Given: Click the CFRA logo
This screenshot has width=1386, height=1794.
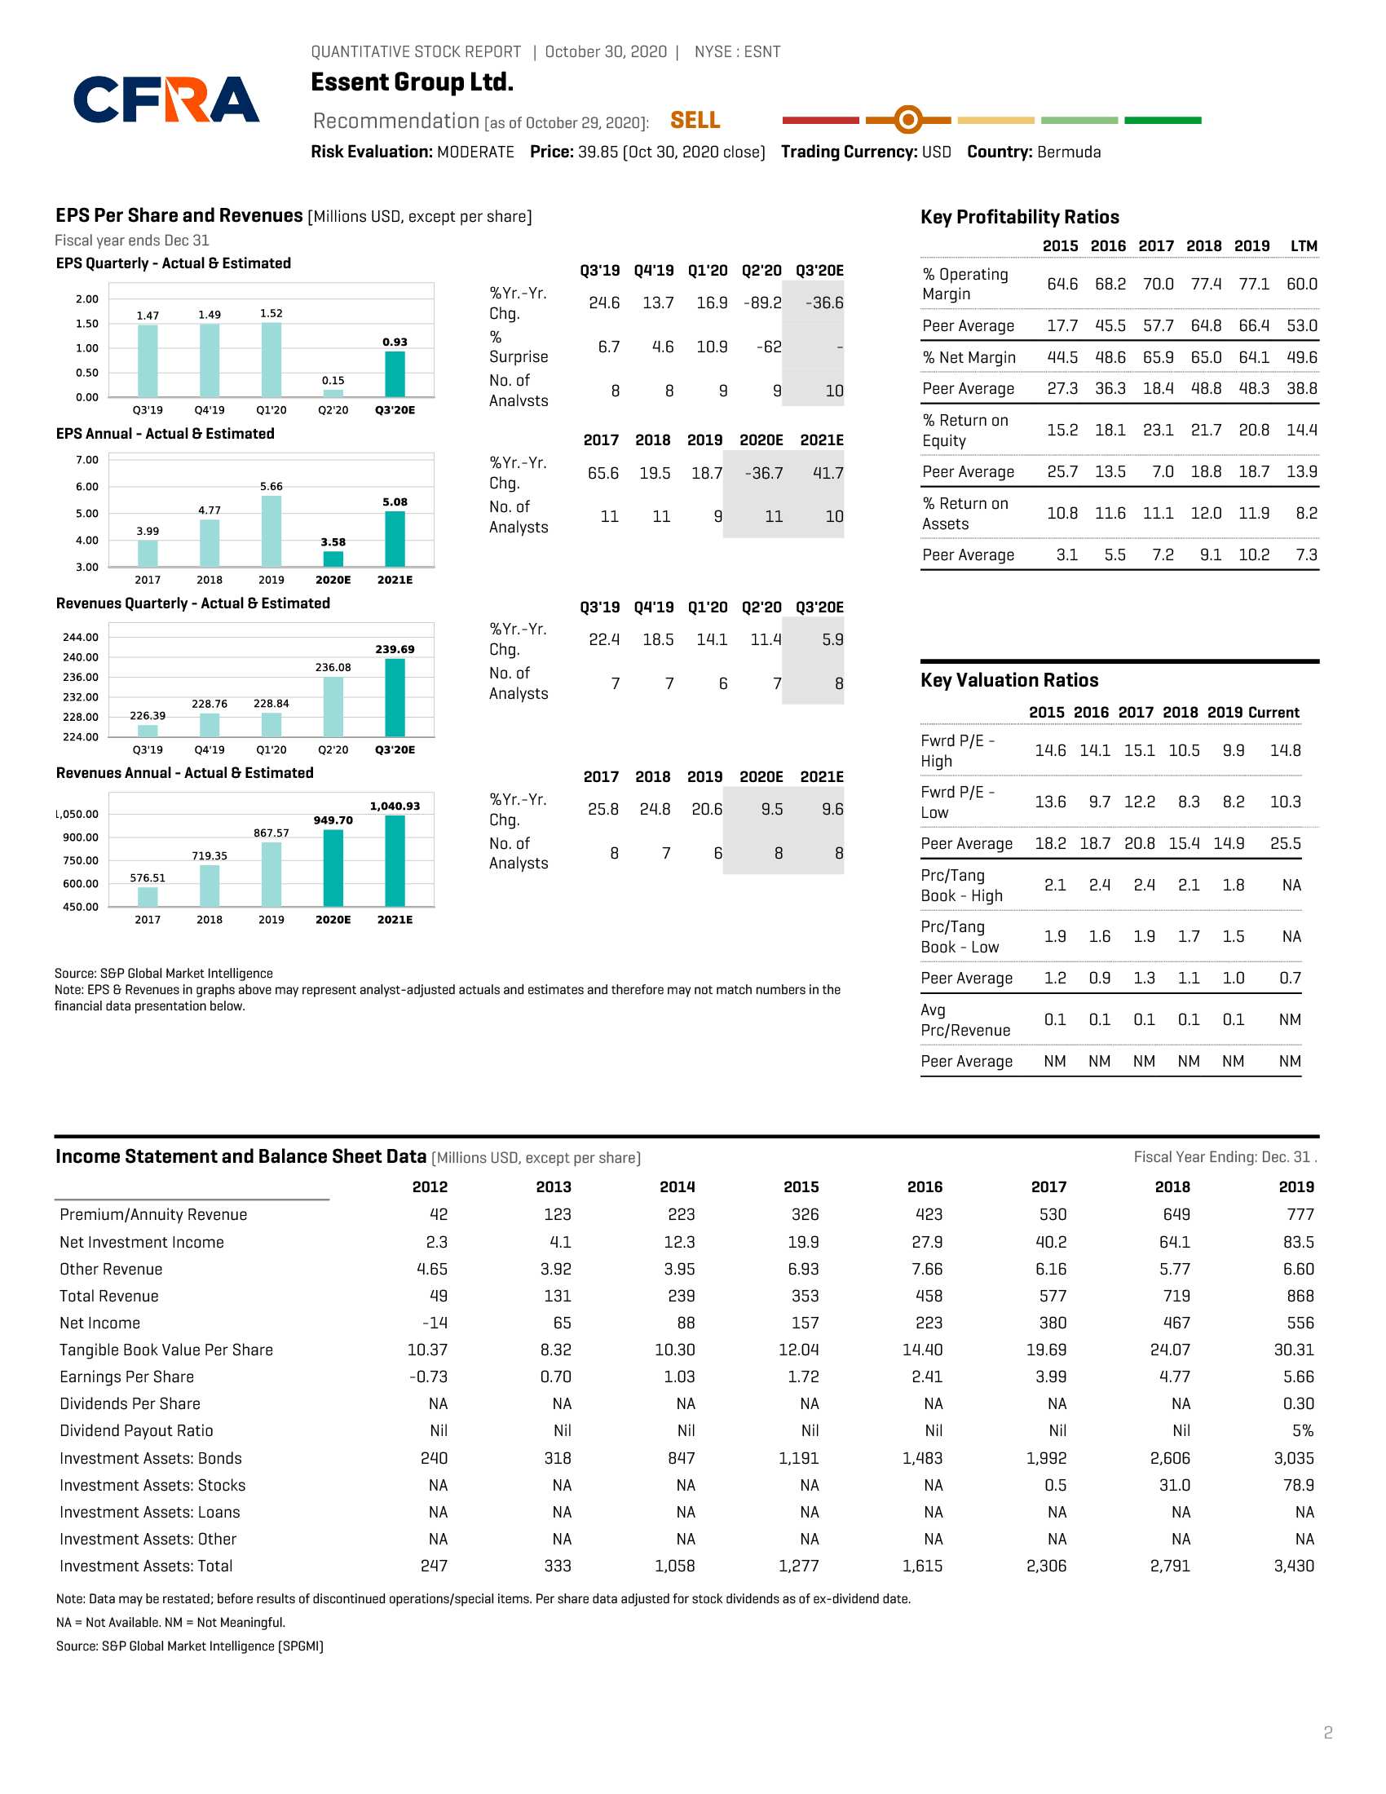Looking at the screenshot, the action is [x=166, y=99].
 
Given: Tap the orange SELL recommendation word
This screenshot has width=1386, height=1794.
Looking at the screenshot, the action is [x=695, y=121].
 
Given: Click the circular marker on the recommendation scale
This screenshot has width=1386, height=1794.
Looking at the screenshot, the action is [x=908, y=120].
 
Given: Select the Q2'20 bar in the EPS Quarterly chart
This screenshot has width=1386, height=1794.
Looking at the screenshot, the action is [x=333, y=394].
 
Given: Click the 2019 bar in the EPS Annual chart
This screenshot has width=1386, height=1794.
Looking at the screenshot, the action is [x=271, y=531].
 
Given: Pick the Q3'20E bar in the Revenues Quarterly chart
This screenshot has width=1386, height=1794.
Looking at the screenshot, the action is [x=395, y=697].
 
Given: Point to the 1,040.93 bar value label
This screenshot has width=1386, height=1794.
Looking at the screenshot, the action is [x=395, y=806].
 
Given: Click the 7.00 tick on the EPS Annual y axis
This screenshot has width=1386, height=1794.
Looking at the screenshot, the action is [x=87, y=459].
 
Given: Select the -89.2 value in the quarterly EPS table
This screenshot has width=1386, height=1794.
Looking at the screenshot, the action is [x=763, y=303].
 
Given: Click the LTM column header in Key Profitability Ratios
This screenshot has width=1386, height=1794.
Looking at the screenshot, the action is [x=1304, y=245].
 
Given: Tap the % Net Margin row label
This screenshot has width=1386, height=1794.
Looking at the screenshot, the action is [x=969, y=357].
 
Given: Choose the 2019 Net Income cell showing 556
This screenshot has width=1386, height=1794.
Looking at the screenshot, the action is [x=1300, y=1323].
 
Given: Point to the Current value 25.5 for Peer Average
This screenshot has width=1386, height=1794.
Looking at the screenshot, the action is [x=1286, y=844].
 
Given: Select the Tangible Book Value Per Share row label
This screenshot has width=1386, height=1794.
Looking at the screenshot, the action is [x=166, y=1350].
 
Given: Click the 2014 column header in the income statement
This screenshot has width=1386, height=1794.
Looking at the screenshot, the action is [x=678, y=1186].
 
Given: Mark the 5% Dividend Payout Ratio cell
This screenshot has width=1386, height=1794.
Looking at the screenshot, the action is [x=1303, y=1430].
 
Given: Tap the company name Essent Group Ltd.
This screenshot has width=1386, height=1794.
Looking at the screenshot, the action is [x=413, y=82].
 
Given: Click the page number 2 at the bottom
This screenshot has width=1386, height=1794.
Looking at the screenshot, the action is [x=1327, y=1732].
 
